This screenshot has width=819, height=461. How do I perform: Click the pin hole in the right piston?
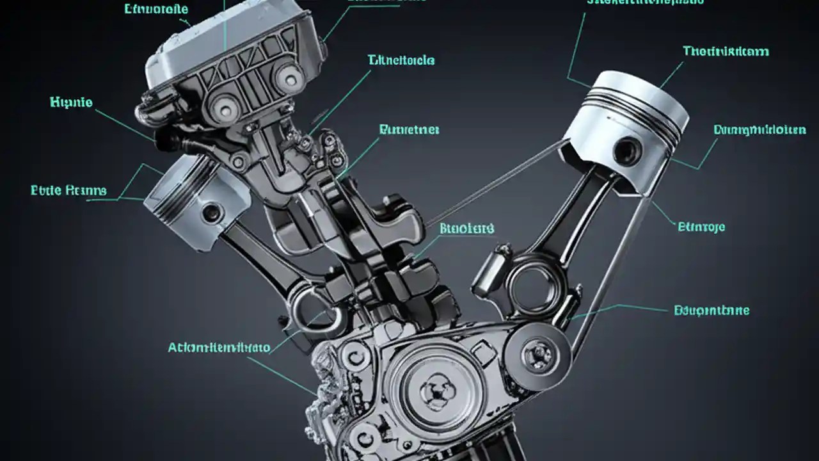pyautogui.click(x=626, y=151)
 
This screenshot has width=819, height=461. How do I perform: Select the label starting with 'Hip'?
pyautogui.click(x=71, y=102)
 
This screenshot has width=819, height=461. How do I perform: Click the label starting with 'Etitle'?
pyautogui.click(x=68, y=191)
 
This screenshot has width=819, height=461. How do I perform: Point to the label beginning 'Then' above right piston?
pyautogui.click(x=726, y=51)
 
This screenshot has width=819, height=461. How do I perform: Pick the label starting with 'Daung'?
pyautogui.click(x=759, y=130)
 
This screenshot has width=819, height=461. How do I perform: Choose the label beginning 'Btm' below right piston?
pyautogui.click(x=701, y=227)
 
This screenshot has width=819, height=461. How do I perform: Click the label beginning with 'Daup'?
pyautogui.click(x=712, y=311)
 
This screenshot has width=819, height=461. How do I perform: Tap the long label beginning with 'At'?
pyautogui.click(x=219, y=348)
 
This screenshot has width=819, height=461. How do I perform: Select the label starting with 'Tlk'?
pyautogui.click(x=401, y=60)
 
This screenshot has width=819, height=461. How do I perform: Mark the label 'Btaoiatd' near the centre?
pyautogui.click(x=467, y=229)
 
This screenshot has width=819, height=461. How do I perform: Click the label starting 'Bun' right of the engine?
pyautogui.click(x=409, y=130)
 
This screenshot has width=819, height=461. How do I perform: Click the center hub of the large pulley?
pyautogui.click(x=436, y=388)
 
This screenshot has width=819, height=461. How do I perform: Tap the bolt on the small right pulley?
pyautogui.click(x=537, y=352)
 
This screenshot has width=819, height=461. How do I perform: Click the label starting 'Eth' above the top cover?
pyautogui.click(x=156, y=10)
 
